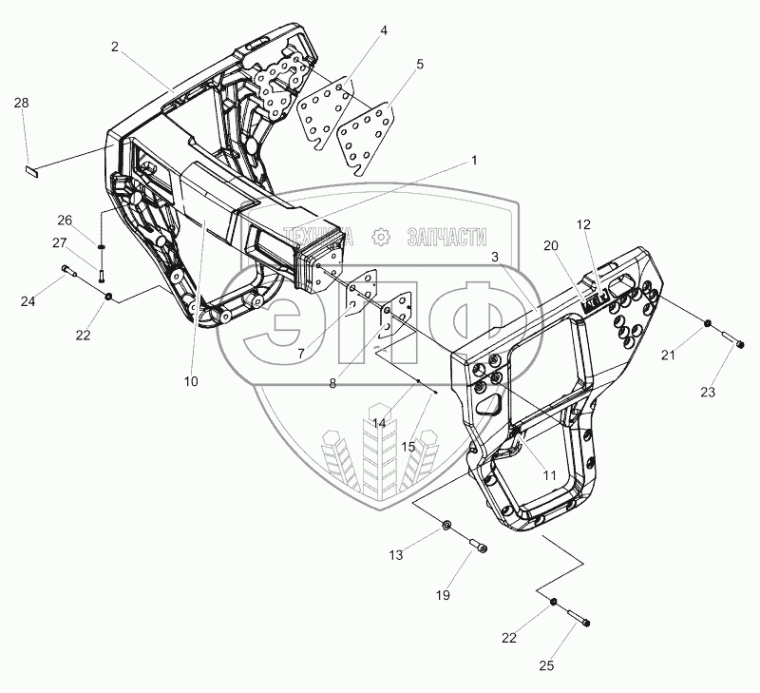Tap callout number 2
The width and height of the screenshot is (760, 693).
[114, 46]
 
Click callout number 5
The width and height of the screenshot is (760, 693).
[419, 65]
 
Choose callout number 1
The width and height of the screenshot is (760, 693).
[473, 161]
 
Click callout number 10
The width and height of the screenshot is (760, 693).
[191, 381]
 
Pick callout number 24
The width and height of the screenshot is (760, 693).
[28, 302]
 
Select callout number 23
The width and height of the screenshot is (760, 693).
[707, 391]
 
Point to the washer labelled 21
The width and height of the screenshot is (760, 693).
[709, 328]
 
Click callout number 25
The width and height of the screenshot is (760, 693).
[545, 666]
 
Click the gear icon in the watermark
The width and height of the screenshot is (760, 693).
[381, 236]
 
